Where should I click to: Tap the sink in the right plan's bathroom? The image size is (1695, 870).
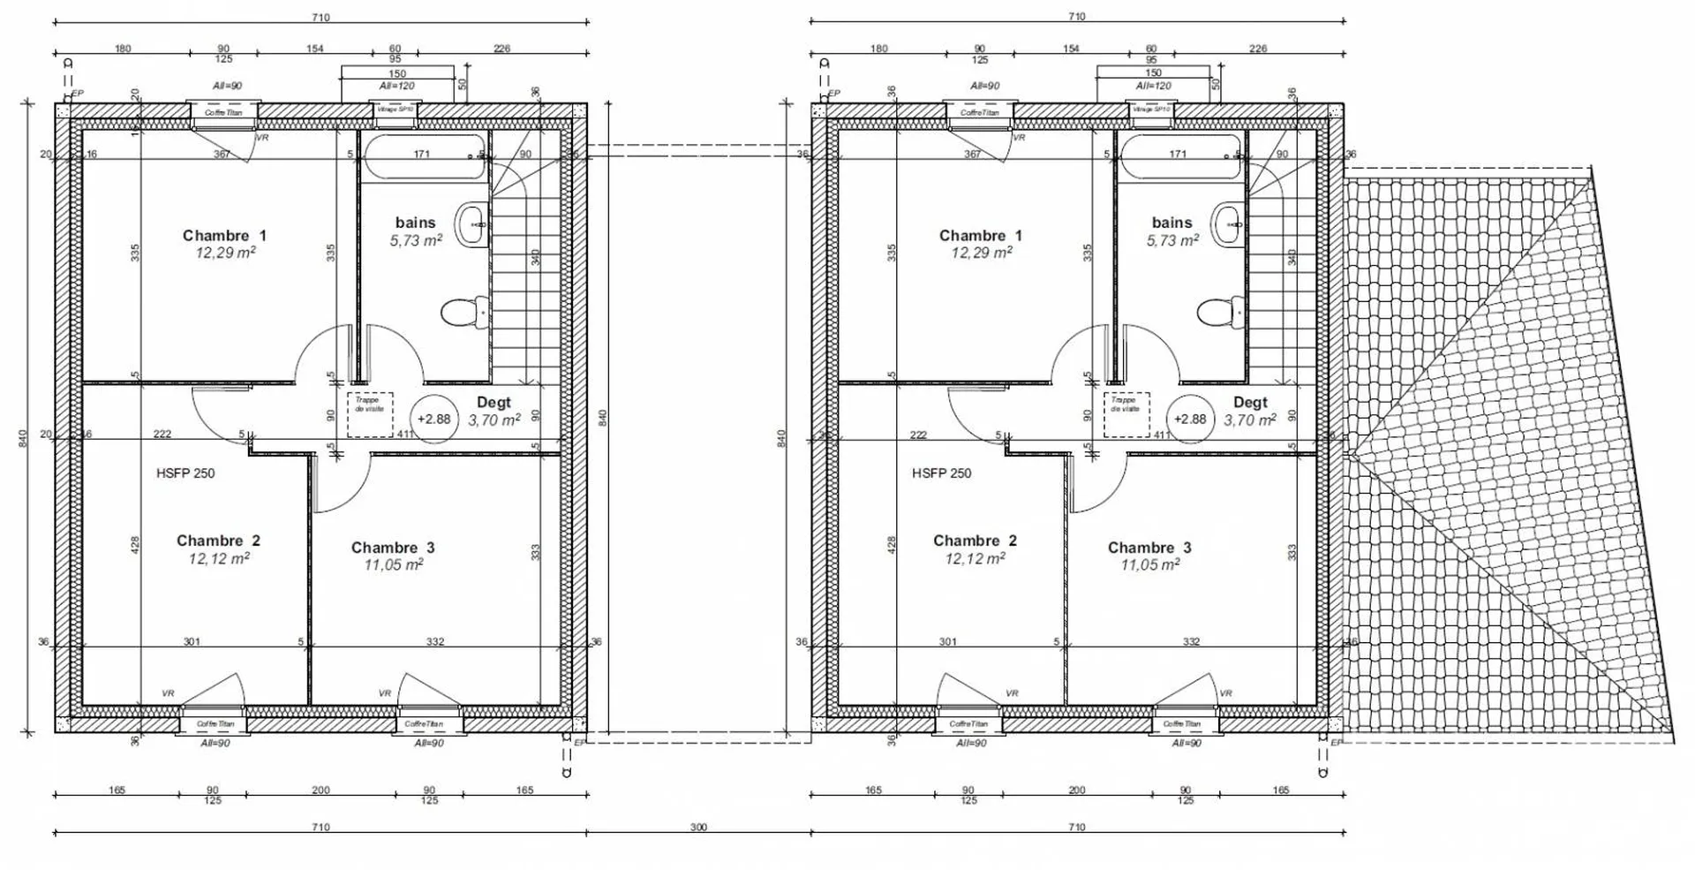tap(1226, 223)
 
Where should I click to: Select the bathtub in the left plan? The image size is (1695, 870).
tap(425, 157)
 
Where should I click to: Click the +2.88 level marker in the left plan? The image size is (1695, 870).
tap(433, 420)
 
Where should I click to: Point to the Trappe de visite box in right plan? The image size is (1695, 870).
tap(1126, 415)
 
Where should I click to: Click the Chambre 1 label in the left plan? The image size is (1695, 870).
tap(224, 235)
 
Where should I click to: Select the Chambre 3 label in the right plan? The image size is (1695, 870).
tap(1149, 548)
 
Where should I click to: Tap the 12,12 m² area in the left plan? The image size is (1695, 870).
tap(219, 558)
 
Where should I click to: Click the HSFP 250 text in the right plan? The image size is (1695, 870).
tap(941, 473)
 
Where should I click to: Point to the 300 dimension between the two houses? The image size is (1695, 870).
tap(698, 828)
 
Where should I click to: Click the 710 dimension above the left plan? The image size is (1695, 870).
tap(320, 17)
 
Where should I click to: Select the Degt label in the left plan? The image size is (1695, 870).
tap(493, 402)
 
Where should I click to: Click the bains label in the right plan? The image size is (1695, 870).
tap(1171, 223)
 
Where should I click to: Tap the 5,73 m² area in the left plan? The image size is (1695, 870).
tap(416, 240)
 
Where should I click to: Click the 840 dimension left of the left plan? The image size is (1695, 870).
tap(24, 438)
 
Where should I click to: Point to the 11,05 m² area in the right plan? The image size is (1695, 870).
tap(1149, 564)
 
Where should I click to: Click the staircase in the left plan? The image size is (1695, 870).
tap(527, 291)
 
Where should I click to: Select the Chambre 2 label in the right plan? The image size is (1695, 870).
tap(975, 541)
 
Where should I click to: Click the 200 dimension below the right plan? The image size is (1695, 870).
tap(1077, 790)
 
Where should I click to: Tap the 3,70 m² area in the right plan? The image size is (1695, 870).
tap(1249, 420)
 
